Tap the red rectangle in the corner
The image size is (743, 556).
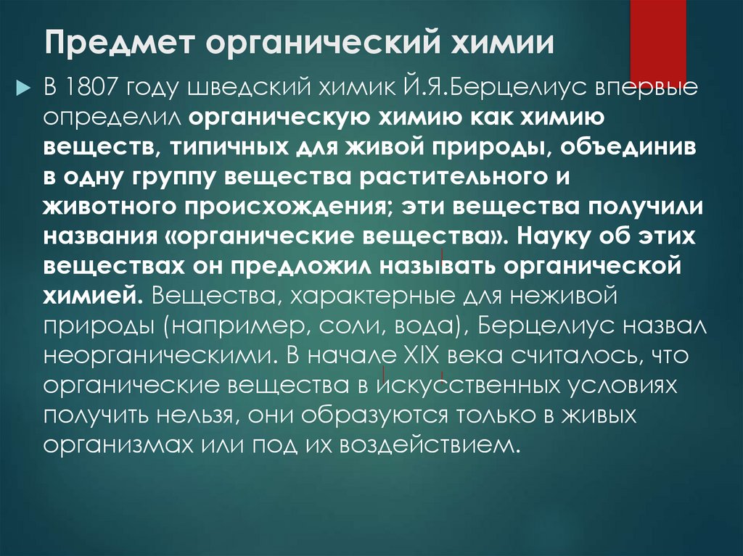pos(657,36)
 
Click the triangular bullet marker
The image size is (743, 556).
pos(21,88)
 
